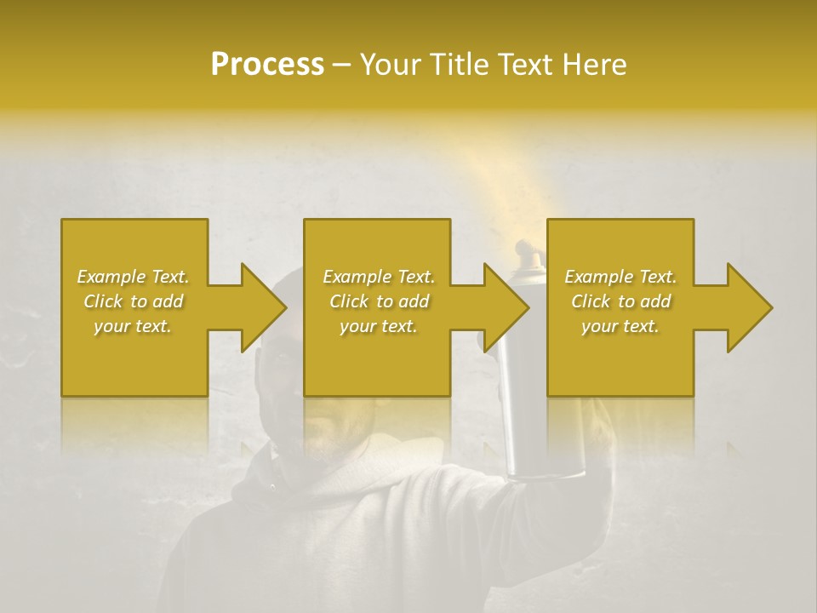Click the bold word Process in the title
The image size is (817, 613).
pyautogui.click(x=267, y=65)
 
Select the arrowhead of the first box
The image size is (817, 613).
pyautogui.click(x=264, y=307)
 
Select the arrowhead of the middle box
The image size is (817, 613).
pyautogui.click(x=506, y=307)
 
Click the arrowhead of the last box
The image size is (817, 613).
pyautogui.click(x=750, y=307)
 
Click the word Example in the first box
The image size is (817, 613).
pyautogui.click(x=111, y=277)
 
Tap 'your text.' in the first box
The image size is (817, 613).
pyautogui.click(x=133, y=326)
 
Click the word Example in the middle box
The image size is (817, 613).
pyautogui.click(x=357, y=277)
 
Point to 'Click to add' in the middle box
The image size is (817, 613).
pyautogui.click(x=379, y=301)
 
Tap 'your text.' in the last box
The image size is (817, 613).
pyautogui.click(x=620, y=326)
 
